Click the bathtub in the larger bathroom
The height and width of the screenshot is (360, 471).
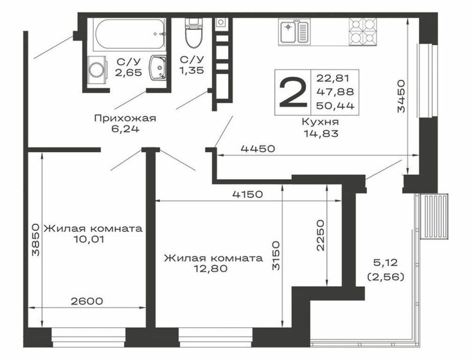click(129, 34)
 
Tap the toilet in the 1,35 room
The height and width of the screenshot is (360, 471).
click(193, 33)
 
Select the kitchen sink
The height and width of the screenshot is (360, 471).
click(294, 32)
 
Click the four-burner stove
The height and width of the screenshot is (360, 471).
click(362, 32)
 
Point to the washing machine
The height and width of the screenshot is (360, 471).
click(97, 69)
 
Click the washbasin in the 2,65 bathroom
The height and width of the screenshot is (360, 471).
click(157, 67)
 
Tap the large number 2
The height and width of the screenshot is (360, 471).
click(293, 93)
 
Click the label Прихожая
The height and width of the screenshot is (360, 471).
click(125, 118)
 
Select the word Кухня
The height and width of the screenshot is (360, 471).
click(320, 122)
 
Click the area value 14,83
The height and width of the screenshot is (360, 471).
click(321, 133)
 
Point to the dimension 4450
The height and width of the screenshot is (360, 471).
click(258, 148)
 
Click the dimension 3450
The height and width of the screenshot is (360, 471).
click(401, 96)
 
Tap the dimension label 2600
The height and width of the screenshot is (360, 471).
click(87, 301)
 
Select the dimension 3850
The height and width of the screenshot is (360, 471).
click(35, 239)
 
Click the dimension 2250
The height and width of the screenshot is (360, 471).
click(321, 235)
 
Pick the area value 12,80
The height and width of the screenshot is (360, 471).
click(211, 268)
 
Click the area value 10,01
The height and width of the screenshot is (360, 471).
click(90, 240)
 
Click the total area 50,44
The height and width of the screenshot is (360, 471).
click(335, 105)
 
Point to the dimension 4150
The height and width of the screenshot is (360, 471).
click(248, 194)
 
